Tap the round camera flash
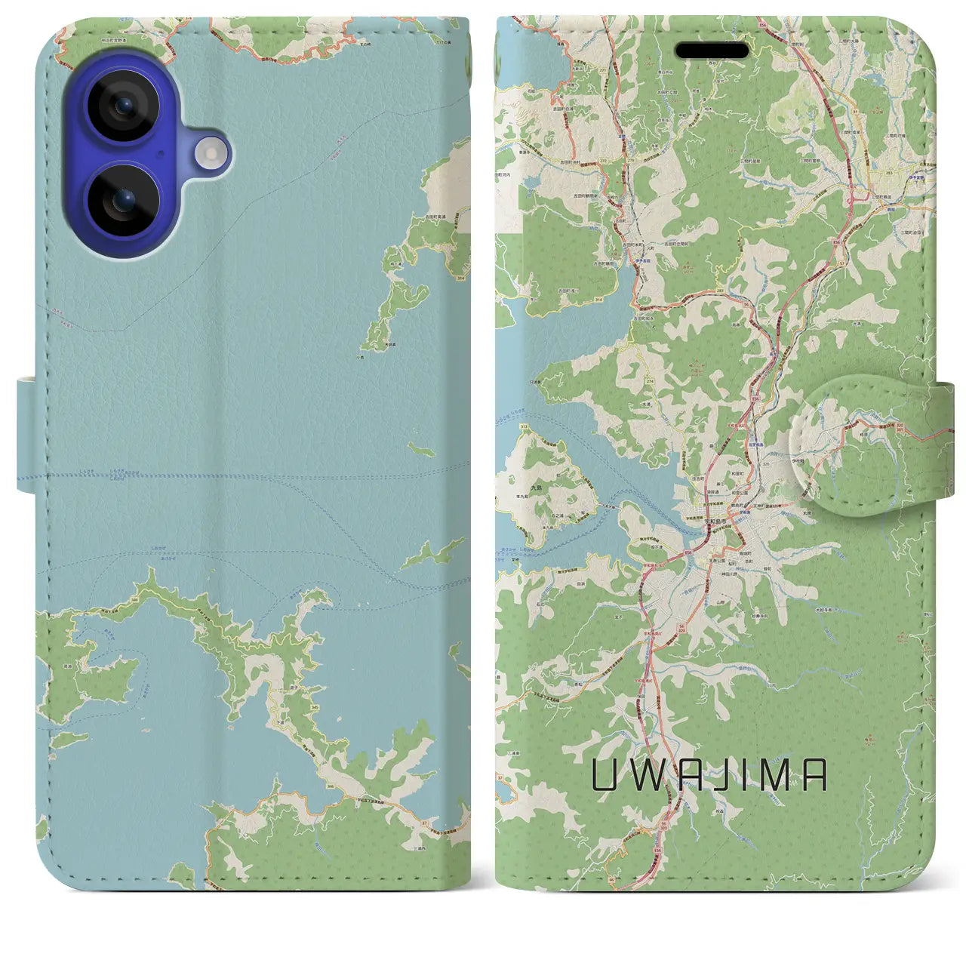[x=212, y=154]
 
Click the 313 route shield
[x=524, y=427]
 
